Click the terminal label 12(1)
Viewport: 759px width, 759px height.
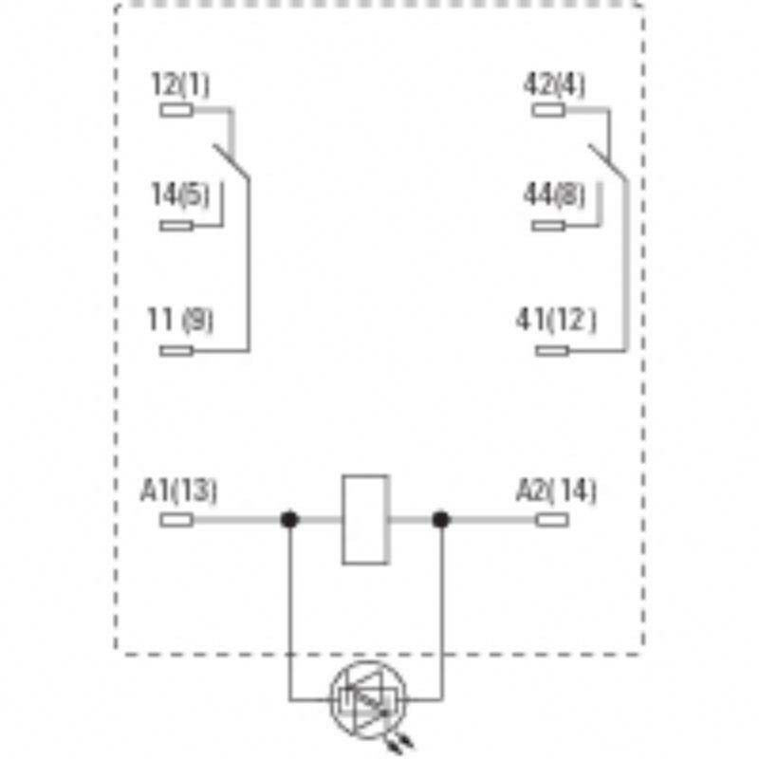point(180,84)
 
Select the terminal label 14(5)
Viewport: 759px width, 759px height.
point(180,196)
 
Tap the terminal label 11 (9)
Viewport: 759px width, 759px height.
point(182,322)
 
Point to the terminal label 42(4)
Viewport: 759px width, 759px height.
point(554,84)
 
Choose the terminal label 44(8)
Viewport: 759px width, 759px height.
point(554,196)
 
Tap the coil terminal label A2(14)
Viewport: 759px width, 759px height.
point(556,491)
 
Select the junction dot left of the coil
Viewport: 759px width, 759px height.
point(288,520)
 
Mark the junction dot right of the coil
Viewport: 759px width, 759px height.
point(440,520)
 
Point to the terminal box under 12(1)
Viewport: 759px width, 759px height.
point(177,110)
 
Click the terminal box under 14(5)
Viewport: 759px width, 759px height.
point(177,225)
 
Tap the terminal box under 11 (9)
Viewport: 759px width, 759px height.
point(177,351)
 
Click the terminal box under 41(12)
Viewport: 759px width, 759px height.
point(552,351)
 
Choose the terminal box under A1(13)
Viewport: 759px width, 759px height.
point(177,520)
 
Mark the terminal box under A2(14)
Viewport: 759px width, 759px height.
point(552,520)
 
